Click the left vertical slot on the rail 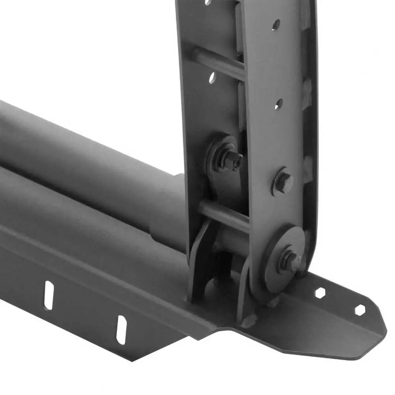49,295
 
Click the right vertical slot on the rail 121,329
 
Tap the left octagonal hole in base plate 320,293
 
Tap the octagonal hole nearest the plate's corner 359,310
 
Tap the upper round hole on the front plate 276,24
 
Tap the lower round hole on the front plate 278,104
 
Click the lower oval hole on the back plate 212,77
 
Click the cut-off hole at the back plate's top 207,2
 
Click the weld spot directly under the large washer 273,303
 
